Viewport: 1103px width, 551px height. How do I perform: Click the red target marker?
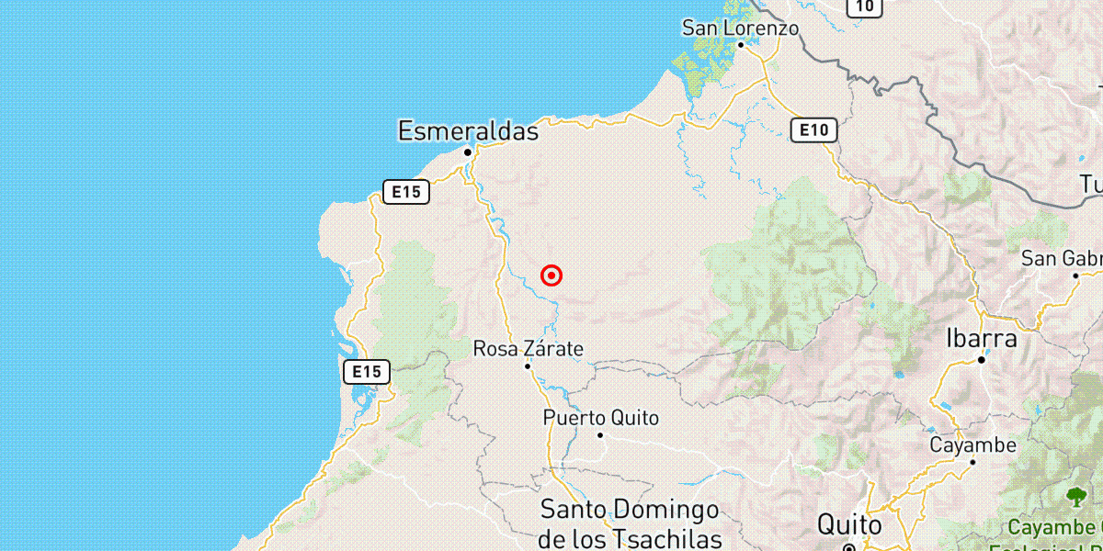[x=551, y=275]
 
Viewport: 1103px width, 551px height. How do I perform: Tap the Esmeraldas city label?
[x=468, y=131]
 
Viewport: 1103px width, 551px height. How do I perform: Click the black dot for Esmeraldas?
[x=468, y=152]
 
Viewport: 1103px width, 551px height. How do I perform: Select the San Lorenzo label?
[x=740, y=28]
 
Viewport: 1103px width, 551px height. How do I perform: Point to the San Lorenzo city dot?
[x=740, y=43]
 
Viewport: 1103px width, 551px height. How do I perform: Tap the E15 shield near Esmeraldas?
[x=405, y=192]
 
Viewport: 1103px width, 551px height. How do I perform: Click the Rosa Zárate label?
[x=528, y=349]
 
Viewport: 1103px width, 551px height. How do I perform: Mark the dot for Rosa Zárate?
[x=528, y=366]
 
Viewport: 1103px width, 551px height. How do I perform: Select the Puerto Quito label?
[x=601, y=418]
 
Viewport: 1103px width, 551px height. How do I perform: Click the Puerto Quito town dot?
[x=600, y=434]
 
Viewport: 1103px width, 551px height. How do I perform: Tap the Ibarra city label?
[x=982, y=339]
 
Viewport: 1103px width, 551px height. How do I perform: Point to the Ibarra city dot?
[x=982, y=360]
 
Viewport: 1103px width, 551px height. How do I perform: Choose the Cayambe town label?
[x=972, y=445]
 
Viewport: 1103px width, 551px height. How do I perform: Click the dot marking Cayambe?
[x=973, y=462]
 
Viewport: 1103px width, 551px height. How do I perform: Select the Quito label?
[x=850, y=526]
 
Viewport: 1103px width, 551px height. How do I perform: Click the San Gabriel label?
[x=1063, y=259]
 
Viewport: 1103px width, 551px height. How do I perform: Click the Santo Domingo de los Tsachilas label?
[x=630, y=523]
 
